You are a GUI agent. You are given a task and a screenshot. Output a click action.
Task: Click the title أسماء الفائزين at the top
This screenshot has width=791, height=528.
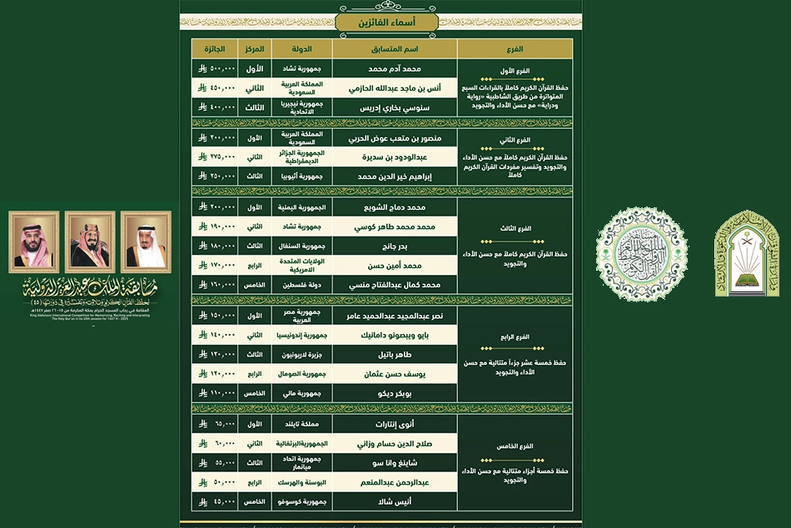381,22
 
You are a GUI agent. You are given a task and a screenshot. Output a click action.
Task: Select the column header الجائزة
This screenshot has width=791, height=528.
214,48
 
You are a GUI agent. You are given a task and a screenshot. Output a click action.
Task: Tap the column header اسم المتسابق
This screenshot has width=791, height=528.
394,48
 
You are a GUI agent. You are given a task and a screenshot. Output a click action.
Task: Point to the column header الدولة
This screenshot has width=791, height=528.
297,48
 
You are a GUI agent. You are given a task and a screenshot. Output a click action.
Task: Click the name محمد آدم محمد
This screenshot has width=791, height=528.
394,67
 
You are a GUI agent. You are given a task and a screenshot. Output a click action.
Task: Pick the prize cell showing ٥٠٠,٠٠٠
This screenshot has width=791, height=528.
214,67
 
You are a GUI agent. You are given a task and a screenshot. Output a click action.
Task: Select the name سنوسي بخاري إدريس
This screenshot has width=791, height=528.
394,107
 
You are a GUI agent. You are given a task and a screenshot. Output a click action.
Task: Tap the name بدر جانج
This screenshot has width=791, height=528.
394,246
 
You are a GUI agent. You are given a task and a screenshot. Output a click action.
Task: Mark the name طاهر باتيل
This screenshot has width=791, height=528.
394,355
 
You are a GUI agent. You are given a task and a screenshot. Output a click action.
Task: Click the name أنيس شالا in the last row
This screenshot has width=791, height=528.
394,502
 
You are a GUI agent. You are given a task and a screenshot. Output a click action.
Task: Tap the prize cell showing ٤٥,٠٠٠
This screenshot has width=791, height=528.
214,502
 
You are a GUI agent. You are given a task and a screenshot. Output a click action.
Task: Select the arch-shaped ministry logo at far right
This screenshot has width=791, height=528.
747,253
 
